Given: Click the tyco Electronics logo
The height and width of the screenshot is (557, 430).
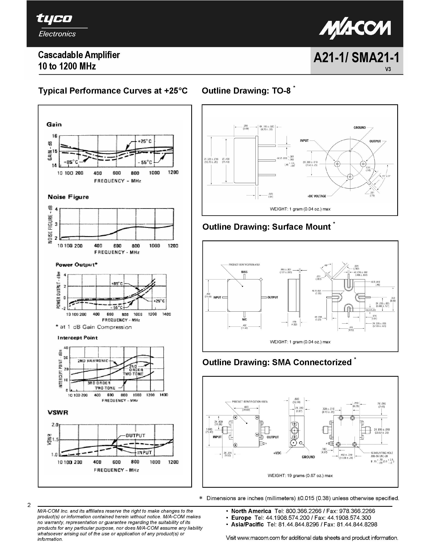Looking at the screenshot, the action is [56, 26].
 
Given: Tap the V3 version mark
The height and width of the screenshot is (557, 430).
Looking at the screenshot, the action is [388, 69].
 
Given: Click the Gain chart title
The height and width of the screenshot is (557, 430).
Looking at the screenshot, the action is [54, 124].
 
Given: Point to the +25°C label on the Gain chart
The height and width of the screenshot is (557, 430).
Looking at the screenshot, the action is [144, 141].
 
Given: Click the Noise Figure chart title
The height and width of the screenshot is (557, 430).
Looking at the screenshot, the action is [68, 197].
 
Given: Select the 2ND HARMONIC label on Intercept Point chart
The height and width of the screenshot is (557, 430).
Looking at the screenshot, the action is [93, 361].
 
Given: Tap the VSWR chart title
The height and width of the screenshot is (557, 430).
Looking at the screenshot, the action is [58, 412].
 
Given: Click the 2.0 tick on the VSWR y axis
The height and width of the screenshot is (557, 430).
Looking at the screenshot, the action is [55, 425].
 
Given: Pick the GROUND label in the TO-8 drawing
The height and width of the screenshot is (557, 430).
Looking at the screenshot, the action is [359, 128].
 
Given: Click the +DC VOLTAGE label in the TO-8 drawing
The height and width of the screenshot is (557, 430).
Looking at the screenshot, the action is [317, 196].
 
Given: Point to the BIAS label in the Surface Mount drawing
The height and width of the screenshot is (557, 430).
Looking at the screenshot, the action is [244, 272].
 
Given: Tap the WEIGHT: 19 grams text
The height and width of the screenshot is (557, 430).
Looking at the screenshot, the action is [300, 475].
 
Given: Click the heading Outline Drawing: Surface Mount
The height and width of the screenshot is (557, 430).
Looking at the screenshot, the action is [266, 227].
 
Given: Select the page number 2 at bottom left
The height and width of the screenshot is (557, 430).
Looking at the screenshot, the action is [29, 505].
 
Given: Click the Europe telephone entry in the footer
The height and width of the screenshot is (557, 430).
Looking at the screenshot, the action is [301, 518].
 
